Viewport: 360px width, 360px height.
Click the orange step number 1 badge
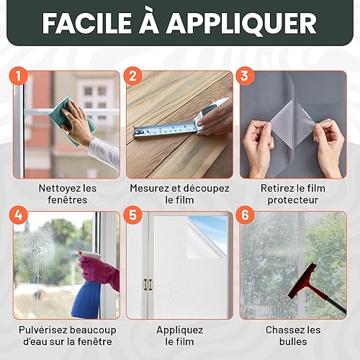(19, 76)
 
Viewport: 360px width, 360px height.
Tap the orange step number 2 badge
(132, 76)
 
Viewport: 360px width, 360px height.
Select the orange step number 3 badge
(245, 76)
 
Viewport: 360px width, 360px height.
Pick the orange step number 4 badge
(19, 215)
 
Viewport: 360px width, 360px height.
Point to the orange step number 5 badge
(132, 215)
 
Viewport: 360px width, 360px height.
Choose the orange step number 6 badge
(245, 215)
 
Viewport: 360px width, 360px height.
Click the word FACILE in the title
(87, 23)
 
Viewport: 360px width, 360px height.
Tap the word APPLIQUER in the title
(241, 24)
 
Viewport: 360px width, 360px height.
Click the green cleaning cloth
(72, 121)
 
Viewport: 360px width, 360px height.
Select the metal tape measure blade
(166, 129)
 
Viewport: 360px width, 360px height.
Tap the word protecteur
(293, 200)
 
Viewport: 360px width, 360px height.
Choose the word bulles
(293, 341)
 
